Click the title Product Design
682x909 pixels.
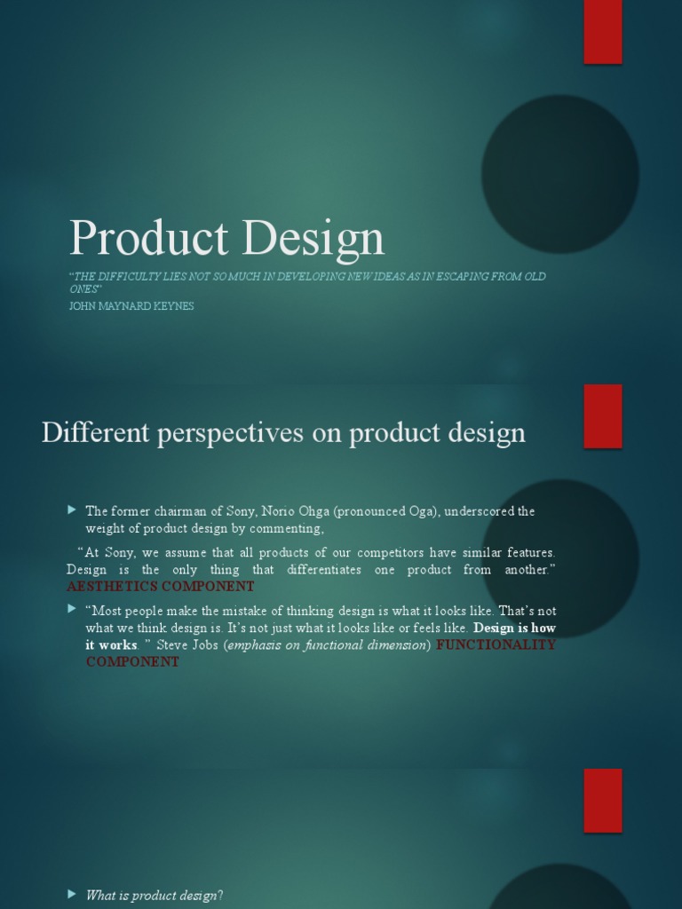pyautogui.click(x=227, y=238)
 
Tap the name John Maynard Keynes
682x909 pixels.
pyautogui.click(x=131, y=306)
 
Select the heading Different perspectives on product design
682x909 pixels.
pyautogui.click(x=283, y=433)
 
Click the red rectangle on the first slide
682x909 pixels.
pyautogui.click(x=602, y=32)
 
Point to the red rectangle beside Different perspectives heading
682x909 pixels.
pyautogui.click(x=602, y=415)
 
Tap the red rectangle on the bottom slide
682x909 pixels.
pyautogui.click(x=602, y=800)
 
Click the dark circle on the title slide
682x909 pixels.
pyautogui.click(x=559, y=174)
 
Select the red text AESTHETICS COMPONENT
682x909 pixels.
pyautogui.click(x=161, y=587)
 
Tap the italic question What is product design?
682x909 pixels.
pyautogui.click(x=154, y=896)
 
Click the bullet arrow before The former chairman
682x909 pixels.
pyautogui.click(x=72, y=510)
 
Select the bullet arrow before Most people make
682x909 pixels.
pyautogui.click(x=72, y=610)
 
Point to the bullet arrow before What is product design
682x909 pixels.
pyautogui.click(x=72, y=895)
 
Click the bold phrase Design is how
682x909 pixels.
pyautogui.click(x=514, y=628)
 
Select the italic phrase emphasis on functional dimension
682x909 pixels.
pyautogui.click(x=326, y=645)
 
